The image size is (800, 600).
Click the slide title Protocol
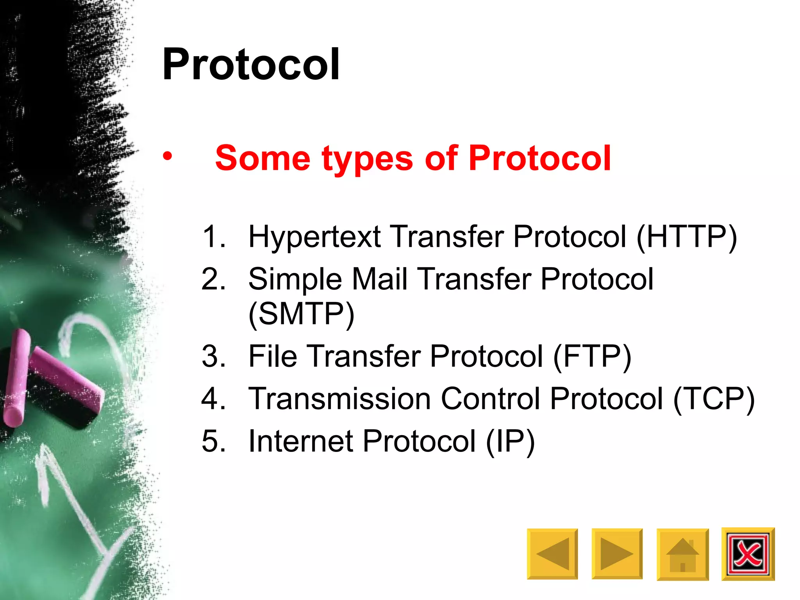click(x=251, y=64)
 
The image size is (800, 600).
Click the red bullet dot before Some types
click(x=168, y=156)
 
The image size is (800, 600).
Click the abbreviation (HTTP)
click(x=686, y=237)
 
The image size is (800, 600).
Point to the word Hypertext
click(x=314, y=237)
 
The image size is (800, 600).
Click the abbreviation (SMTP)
click(x=301, y=314)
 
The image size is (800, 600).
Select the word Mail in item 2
click(x=380, y=279)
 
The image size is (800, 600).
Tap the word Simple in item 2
click(x=295, y=279)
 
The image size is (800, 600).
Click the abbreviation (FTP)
click(x=592, y=357)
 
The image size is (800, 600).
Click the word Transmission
click(x=339, y=399)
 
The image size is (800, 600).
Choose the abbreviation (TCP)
click(x=714, y=399)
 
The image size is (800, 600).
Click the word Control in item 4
click(x=490, y=399)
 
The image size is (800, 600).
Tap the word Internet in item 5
click(x=300, y=441)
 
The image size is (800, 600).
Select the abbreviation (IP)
click(x=510, y=442)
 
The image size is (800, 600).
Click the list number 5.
click(x=213, y=441)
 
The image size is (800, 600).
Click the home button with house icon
click(x=682, y=554)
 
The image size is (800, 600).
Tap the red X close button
click(x=748, y=554)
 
